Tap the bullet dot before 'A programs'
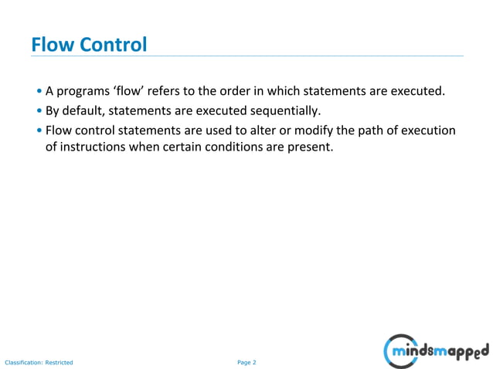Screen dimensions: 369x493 pyautogui.click(x=39, y=91)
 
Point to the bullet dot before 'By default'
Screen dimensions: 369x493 pyautogui.click(x=39, y=110)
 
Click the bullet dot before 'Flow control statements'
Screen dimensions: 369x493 pyautogui.click(x=39, y=130)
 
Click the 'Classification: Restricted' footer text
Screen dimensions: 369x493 pyautogui.click(x=39, y=362)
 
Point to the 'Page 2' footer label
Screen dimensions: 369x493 pyautogui.click(x=246, y=362)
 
